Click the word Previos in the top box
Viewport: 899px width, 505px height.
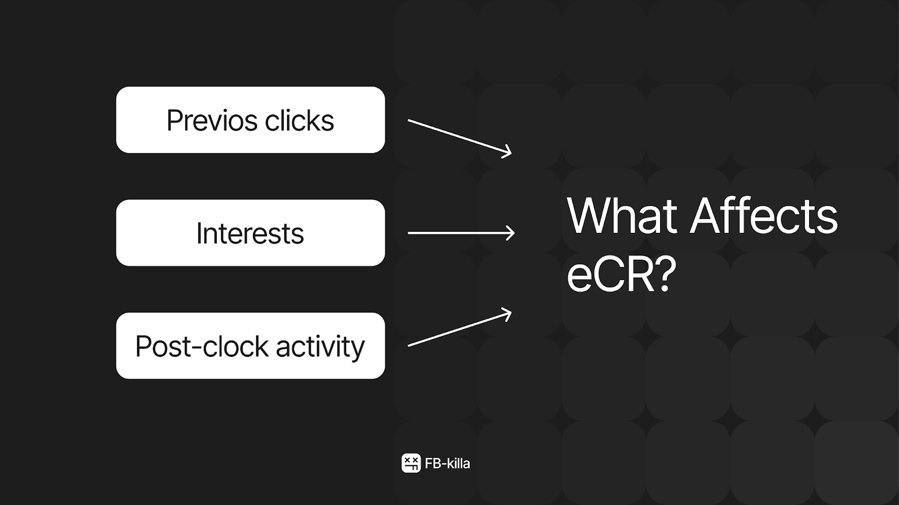pos(212,120)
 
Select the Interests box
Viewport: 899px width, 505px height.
pos(251,233)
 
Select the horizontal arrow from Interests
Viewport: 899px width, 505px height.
pos(461,233)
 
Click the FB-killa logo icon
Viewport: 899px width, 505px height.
pos(411,463)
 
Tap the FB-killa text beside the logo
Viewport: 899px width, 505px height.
pos(447,463)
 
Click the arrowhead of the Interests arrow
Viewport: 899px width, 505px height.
pos(511,233)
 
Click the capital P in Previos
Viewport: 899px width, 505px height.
pos(174,120)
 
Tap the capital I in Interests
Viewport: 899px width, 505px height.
pos(199,233)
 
